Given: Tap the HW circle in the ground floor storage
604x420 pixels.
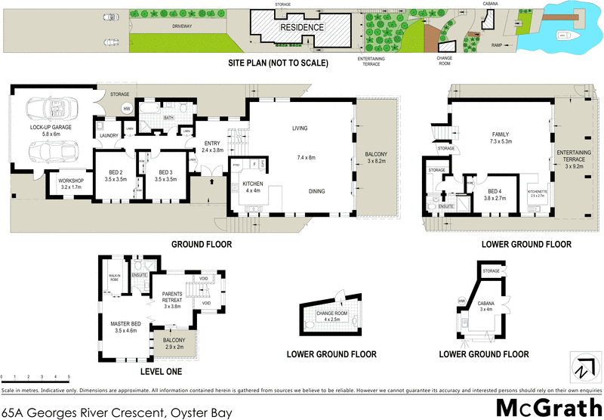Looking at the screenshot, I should [127, 109].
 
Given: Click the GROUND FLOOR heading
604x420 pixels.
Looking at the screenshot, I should [201, 244].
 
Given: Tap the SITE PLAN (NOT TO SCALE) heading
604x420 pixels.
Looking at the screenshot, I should [278, 63].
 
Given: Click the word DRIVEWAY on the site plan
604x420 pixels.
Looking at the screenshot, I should [182, 26].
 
